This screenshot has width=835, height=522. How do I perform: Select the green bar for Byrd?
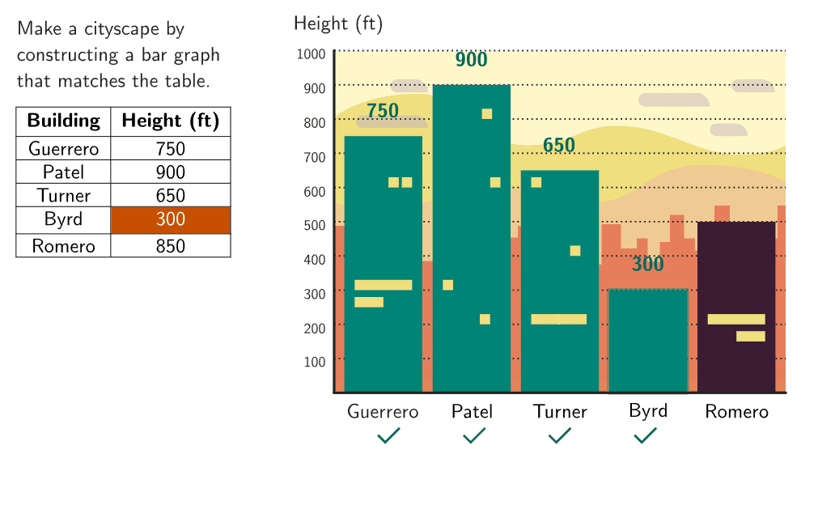pyautogui.click(x=647, y=340)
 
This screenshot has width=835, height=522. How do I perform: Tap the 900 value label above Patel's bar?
pyautogui.click(x=471, y=60)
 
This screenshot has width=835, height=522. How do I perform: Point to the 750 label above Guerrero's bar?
pyautogui.click(x=383, y=111)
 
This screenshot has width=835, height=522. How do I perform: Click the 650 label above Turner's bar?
pyautogui.click(x=559, y=146)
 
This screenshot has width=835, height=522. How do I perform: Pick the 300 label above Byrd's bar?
pyautogui.click(x=647, y=265)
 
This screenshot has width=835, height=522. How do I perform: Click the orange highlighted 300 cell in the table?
pyautogui.click(x=171, y=220)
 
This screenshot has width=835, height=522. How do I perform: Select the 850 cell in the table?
pyautogui.click(x=171, y=246)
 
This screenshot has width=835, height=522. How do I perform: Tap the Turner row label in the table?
pyautogui.click(x=63, y=196)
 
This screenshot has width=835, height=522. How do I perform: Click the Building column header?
pyautogui.click(x=63, y=121)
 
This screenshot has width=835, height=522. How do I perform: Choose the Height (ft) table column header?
pyautogui.click(x=171, y=121)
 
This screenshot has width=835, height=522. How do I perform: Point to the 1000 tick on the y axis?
pyautogui.click(x=312, y=54)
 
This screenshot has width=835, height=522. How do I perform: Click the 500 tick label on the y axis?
pyautogui.click(x=315, y=225)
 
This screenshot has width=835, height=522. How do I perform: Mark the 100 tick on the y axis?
pyautogui.click(x=315, y=362)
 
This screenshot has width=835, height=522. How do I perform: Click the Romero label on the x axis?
pyautogui.click(x=736, y=412)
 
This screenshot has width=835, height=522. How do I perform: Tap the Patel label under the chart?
pyautogui.click(x=472, y=412)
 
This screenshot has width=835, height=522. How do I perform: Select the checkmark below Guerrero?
pyautogui.click(x=388, y=436)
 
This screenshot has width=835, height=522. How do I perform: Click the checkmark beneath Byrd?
pyautogui.click(x=645, y=436)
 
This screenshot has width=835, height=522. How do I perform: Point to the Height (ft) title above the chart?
pyautogui.click(x=338, y=24)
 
